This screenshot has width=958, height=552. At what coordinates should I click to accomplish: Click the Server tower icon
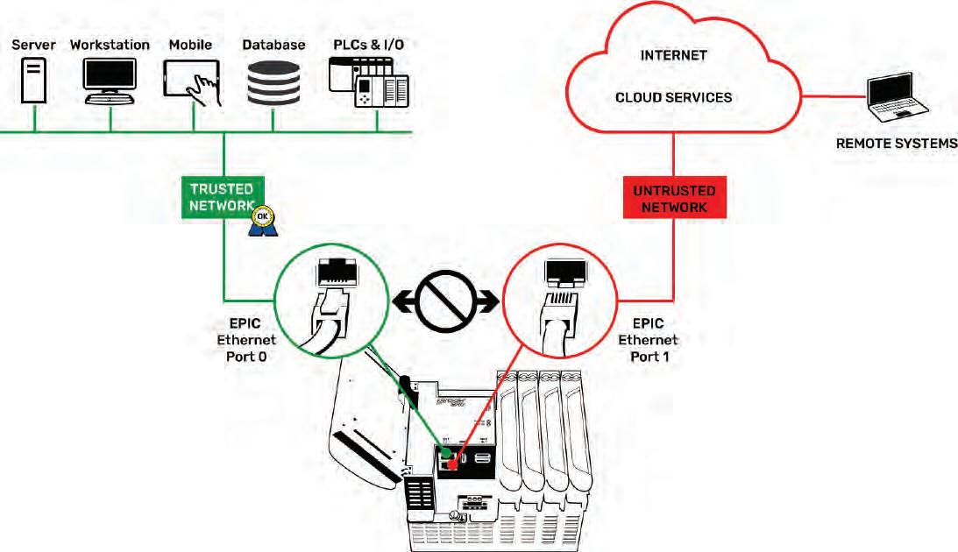tap(33, 80)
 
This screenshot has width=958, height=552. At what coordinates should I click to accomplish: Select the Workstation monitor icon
tap(110, 81)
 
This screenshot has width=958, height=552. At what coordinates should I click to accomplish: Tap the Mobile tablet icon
tap(192, 82)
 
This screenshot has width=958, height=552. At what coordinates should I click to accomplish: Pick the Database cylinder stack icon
tap(273, 82)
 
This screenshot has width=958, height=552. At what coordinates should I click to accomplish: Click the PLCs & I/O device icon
tap(368, 82)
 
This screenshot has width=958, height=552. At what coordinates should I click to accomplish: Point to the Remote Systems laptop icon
tap(898, 96)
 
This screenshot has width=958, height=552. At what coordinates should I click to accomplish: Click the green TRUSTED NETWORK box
tap(223, 197)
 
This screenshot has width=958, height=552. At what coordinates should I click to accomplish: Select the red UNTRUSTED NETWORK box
tap(675, 198)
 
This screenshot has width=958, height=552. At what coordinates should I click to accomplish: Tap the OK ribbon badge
tap(263, 221)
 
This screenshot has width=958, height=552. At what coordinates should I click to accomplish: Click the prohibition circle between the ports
tap(446, 301)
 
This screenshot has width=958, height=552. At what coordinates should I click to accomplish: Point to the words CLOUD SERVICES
tap(673, 97)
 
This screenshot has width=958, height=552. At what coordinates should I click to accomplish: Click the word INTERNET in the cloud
tap(673, 55)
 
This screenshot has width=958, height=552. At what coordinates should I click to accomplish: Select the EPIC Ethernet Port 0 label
tap(246, 340)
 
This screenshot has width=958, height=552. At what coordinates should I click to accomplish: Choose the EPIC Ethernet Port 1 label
tap(649, 340)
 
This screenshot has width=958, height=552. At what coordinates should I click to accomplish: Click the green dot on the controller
tap(447, 452)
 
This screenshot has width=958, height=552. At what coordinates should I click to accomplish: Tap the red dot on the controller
tap(451, 465)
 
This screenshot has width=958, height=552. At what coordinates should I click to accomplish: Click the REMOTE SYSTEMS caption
tap(897, 144)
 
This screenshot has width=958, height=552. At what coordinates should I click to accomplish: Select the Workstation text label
tap(110, 45)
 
